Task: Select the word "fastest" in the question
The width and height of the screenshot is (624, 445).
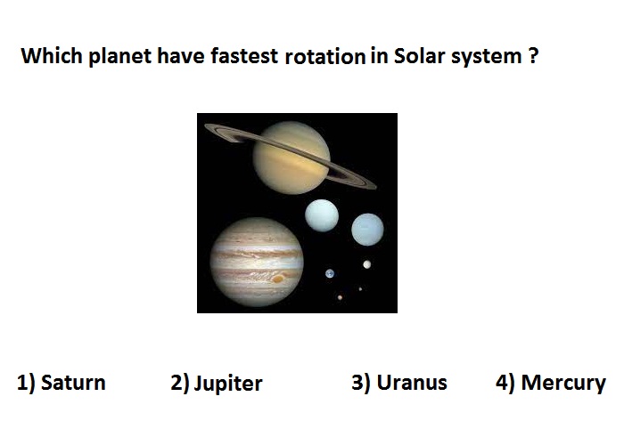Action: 244,55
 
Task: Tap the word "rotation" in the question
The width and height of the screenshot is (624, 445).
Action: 325,56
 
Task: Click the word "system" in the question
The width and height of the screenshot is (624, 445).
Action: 486,58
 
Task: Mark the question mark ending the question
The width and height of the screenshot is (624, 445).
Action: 534,55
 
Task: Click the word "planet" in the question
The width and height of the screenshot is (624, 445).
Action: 119,57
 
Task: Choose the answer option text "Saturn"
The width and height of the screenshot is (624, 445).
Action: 73,383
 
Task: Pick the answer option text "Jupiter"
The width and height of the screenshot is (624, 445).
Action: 228,384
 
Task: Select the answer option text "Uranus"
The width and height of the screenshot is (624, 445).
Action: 412,383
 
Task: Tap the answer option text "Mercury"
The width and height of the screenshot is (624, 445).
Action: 563,384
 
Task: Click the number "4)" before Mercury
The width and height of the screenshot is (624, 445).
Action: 505,383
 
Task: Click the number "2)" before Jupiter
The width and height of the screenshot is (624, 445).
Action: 180,383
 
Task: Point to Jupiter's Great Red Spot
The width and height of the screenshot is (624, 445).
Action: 278,279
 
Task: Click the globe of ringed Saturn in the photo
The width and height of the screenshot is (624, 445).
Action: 291,158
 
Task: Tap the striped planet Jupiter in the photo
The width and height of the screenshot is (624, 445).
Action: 257,263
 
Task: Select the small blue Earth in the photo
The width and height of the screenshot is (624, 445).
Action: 330,274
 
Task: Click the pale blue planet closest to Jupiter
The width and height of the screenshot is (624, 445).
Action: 322,215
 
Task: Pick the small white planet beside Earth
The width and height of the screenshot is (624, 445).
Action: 367,264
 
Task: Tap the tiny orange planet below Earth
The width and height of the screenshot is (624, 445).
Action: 340,297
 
